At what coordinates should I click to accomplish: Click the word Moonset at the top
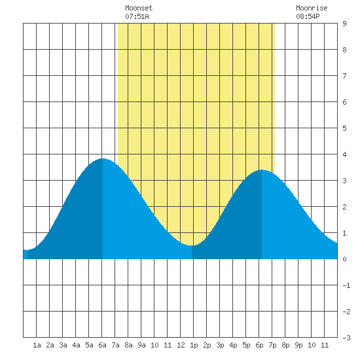(139, 8)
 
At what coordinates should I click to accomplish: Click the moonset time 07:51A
(137, 16)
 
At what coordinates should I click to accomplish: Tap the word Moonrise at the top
(312, 8)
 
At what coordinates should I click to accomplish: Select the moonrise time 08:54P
(308, 16)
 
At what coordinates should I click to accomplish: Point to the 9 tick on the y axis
(344, 24)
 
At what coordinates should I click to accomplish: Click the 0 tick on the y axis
(344, 259)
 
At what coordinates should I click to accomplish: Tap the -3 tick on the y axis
(346, 338)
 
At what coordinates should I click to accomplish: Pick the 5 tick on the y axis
(344, 128)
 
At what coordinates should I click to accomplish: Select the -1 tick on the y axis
(346, 285)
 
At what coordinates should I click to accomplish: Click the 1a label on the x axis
(37, 345)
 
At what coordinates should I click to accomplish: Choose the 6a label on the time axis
(102, 345)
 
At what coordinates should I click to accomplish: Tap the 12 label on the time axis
(181, 345)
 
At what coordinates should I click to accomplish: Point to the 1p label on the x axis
(194, 345)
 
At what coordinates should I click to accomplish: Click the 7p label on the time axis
(272, 345)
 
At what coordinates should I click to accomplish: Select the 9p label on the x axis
(298, 345)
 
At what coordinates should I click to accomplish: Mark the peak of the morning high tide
(102, 158)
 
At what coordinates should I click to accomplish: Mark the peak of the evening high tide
(262, 170)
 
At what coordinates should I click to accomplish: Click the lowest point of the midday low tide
(192, 245)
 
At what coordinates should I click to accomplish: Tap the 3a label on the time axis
(63, 345)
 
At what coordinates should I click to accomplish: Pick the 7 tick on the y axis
(344, 76)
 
